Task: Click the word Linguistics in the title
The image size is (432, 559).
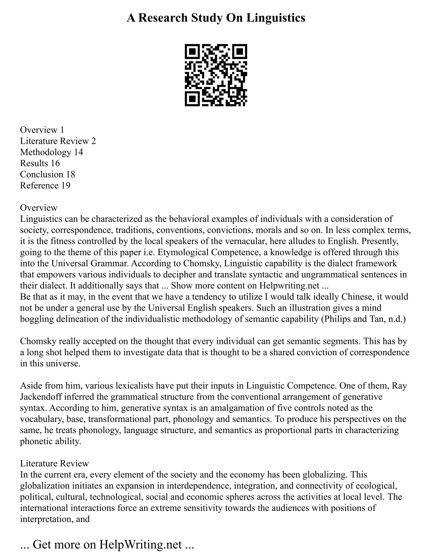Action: click(276, 18)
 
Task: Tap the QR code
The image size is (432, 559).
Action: click(216, 75)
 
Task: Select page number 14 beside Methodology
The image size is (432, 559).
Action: click(78, 152)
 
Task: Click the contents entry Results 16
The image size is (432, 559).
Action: click(40, 163)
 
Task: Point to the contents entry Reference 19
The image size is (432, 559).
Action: click(45, 185)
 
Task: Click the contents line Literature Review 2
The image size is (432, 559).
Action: click(58, 141)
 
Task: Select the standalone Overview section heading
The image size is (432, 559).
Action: click(39, 207)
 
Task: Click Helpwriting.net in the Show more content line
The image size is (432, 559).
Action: click(289, 285)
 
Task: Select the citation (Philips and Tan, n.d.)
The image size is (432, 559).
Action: click(363, 319)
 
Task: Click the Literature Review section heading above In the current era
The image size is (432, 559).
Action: click(54, 463)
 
